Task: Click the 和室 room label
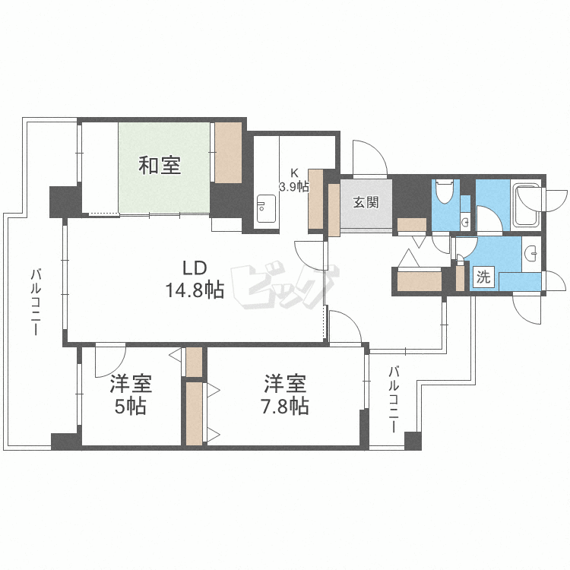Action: pos(160,165)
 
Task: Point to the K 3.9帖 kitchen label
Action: pos(293,179)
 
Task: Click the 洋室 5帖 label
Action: pos(130,395)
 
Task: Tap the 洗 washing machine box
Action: pos(483,277)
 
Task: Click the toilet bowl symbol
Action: pos(445,189)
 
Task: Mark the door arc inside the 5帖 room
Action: pos(111,361)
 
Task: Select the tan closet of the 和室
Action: pos(227,153)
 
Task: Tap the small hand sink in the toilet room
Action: pos(465,221)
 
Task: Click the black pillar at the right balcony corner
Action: pos(413,440)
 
